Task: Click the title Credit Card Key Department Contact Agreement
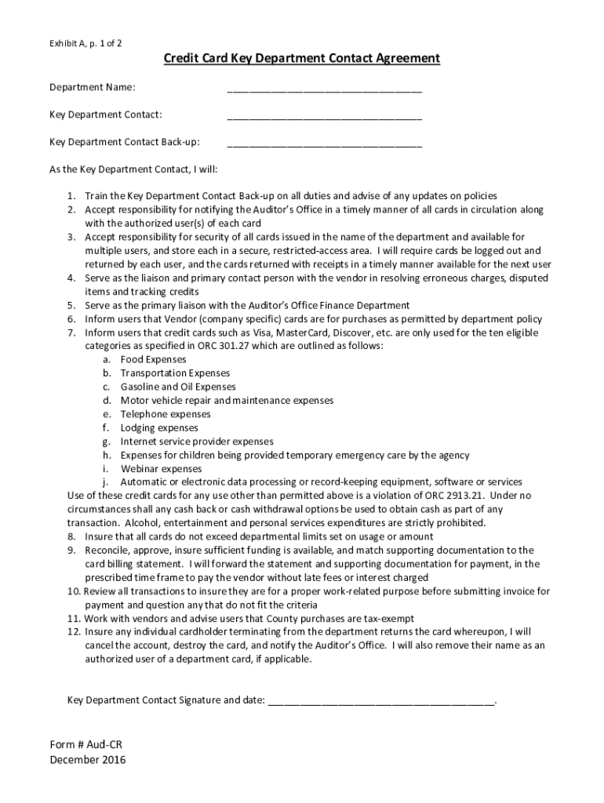[x=301, y=59]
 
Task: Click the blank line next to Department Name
[x=324, y=88]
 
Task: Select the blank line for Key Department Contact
[x=324, y=116]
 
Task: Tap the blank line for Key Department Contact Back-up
[x=324, y=144]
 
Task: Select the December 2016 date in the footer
[x=87, y=759]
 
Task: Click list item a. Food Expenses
[x=142, y=359]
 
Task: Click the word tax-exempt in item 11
[x=388, y=619]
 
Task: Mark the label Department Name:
[x=92, y=87]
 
